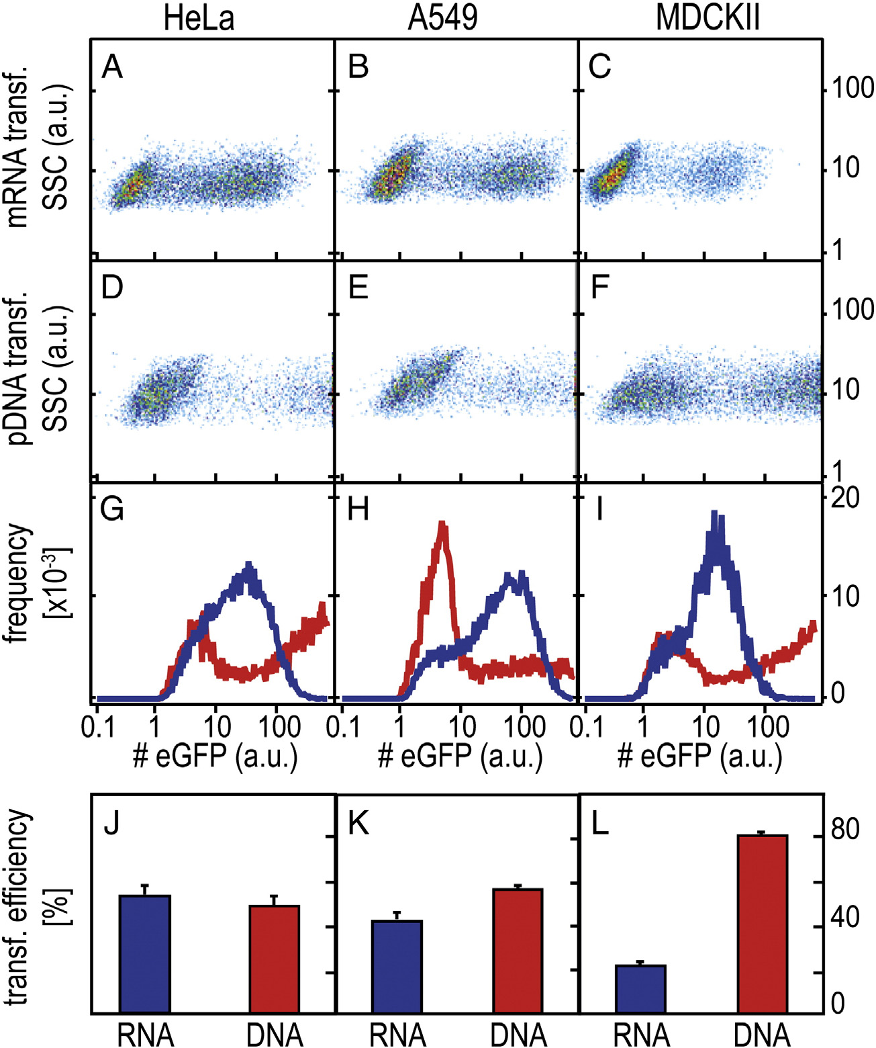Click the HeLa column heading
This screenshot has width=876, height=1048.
point(199,18)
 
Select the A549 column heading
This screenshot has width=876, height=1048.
point(442,18)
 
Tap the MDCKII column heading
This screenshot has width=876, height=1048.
point(708,18)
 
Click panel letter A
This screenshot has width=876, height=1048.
point(112,68)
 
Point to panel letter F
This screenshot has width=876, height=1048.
point(599,288)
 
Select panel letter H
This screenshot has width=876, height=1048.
point(358,511)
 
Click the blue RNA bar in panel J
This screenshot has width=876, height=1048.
point(144,954)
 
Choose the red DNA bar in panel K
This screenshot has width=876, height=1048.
point(518,951)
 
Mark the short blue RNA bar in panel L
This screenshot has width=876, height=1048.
point(640,988)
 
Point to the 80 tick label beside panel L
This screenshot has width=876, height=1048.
point(844,830)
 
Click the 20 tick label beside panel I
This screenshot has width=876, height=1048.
point(844,498)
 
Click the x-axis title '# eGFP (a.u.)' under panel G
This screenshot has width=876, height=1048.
point(215,756)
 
